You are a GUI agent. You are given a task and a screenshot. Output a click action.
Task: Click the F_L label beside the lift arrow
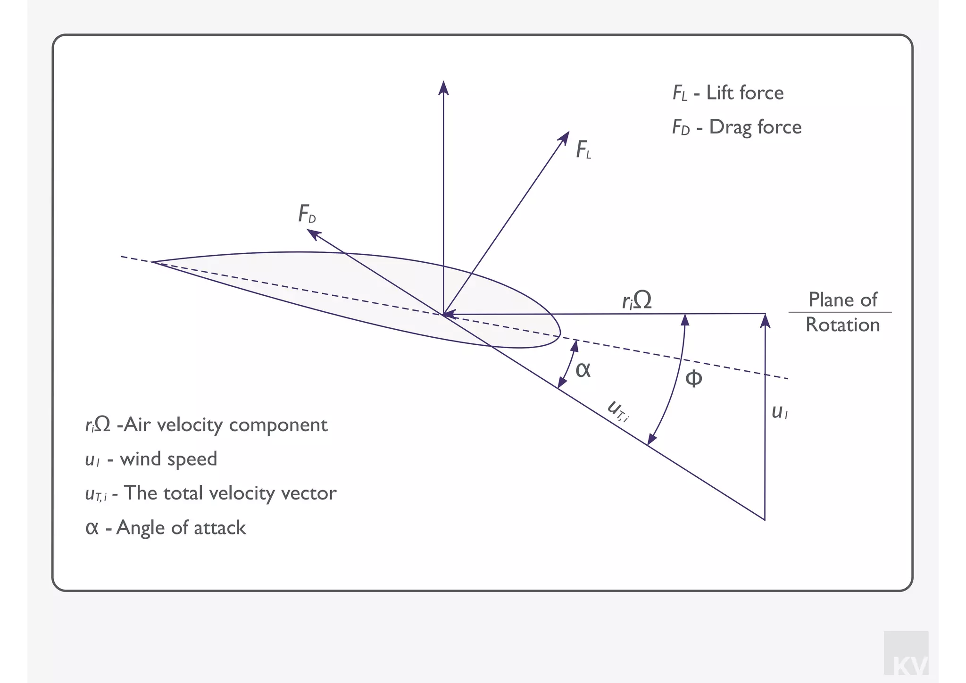(x=583, y=150)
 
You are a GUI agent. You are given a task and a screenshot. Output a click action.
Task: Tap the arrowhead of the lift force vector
(x=564, y=137)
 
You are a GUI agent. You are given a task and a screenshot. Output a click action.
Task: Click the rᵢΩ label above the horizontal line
(x=637, y=300)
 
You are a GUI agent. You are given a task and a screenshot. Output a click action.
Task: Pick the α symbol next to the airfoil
(x=583, y=370)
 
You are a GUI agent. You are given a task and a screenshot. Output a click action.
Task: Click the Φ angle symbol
(x=693, y=378)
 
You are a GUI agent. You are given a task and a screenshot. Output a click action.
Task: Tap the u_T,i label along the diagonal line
(x=618, y=411)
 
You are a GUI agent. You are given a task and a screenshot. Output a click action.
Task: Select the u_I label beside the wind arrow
(x=779, y=412)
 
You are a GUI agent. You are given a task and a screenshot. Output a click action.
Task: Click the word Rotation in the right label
(x=842, y=325)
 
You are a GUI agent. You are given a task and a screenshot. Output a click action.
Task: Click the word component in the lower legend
(x=278, y=425)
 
